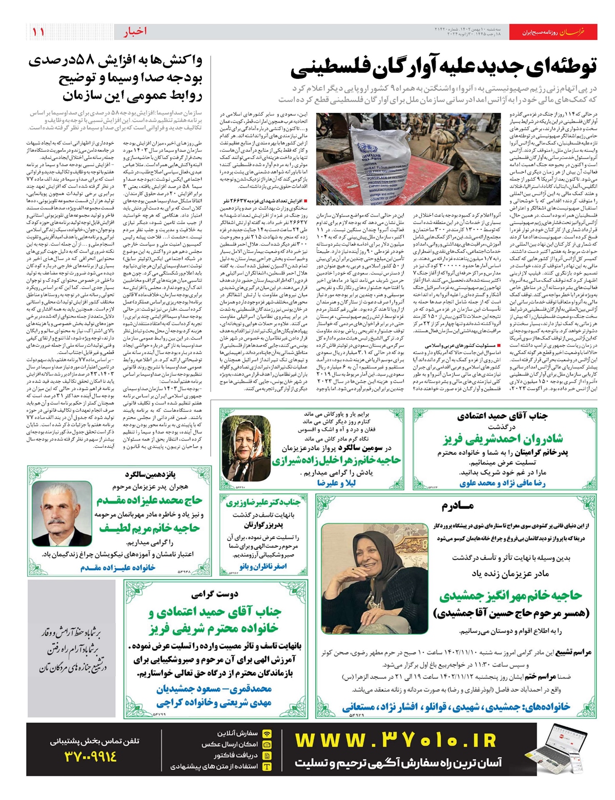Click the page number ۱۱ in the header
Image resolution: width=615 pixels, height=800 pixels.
tap(38, 32)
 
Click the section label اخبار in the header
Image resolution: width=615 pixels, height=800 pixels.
tap(135, 32)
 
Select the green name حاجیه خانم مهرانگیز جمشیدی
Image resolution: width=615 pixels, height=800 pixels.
tap(510, 595)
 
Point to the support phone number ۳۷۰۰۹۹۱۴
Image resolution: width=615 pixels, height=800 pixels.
tap(91, 756)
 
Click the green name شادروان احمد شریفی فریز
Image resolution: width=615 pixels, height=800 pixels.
tap(503, 439)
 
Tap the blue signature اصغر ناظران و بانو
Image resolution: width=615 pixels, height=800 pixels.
tap(263, 566)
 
